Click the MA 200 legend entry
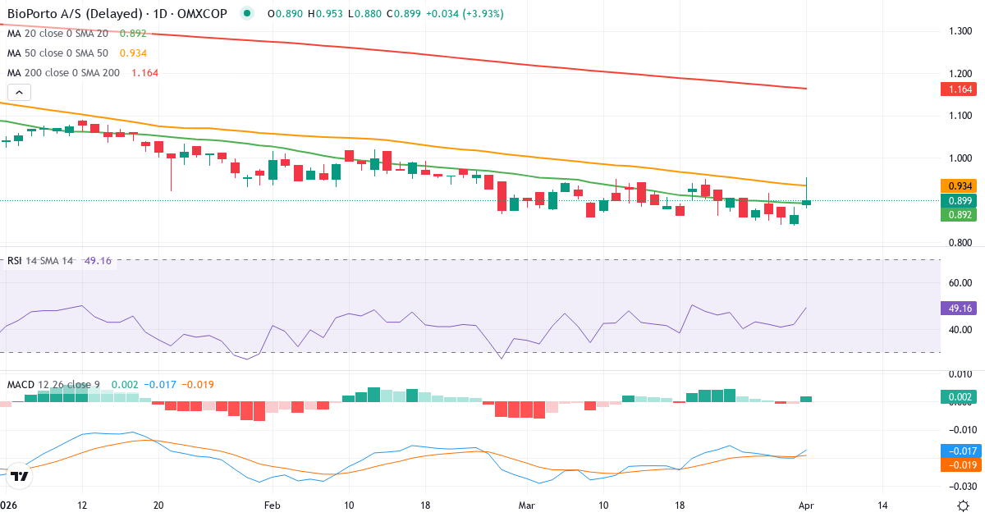[x=82, y=73]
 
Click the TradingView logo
[x=21, y=476]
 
